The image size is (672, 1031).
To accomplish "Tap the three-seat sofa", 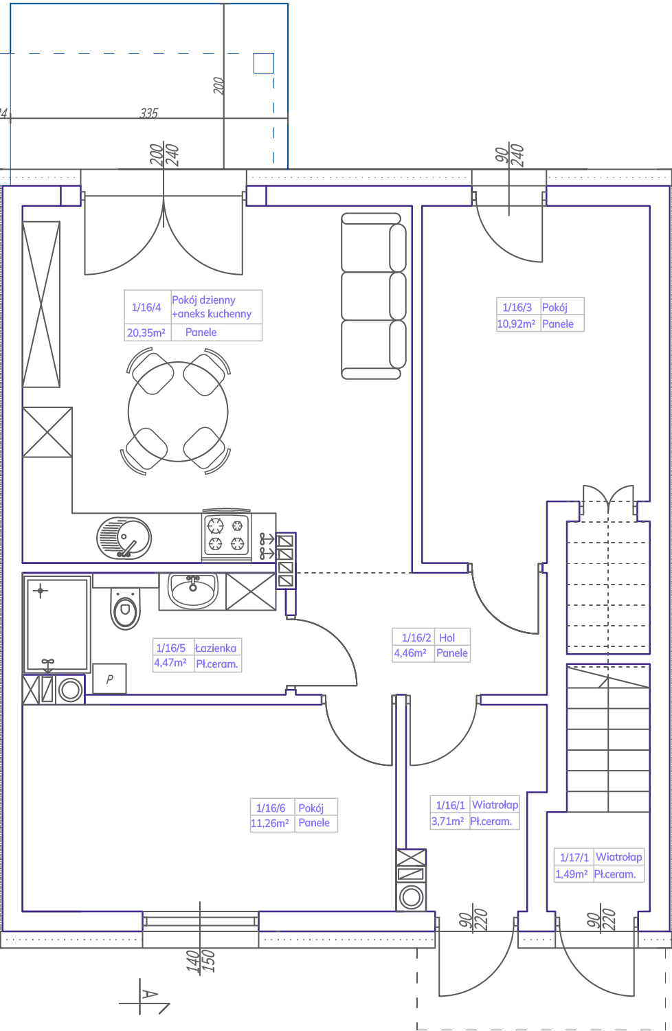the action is coord(373,296).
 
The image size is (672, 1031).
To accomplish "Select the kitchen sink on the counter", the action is coord(124,538).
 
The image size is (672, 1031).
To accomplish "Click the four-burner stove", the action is coord(227,535).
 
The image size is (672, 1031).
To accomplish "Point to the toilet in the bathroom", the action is coord(125,608).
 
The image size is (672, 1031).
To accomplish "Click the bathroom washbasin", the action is coord(193,591).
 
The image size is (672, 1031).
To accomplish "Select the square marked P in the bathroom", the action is coord(109,679).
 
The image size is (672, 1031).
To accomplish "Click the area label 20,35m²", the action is coord(146,332).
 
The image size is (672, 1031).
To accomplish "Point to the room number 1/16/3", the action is coord(517,308).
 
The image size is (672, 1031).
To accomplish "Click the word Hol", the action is coord(447,637).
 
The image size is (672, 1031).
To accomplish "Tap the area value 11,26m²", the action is coord(270,823).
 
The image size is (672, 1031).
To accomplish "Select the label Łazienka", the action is coord(216,648).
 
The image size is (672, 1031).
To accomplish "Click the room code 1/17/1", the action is coord(574,857).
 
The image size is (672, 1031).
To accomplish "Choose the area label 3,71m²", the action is coord(447,821).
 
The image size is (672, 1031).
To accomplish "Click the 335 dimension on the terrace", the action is coord(149,113).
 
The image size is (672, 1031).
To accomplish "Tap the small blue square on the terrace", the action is coord(264,63).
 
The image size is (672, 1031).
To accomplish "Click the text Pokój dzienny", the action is coord(203,300).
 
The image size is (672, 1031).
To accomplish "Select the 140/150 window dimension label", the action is coord(201,961).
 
